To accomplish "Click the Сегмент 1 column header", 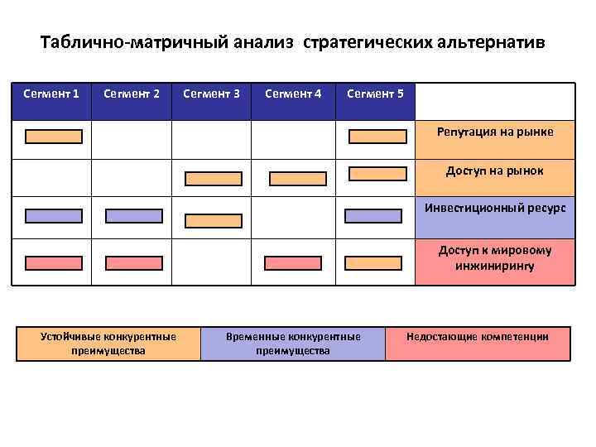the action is pyautogui.click(x=51, y=94).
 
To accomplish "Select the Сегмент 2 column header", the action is pyautogui.click(x=132, y=94).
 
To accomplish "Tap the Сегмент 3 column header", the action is pyautogui.click(x=211, y=94).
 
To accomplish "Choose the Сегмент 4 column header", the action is pyautogui.click(x=293, y=94).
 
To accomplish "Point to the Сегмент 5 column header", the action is pyautogui.click(x=375, y=94).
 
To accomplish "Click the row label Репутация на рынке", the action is pyautogui.click(x=495, y=132).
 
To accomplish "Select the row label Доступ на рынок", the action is pyautogui.click(x=495, y=171).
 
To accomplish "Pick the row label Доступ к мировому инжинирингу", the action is pyautogui.click(x=495, y=257).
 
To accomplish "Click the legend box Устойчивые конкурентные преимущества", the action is pyautogui.click(x=108, y=344).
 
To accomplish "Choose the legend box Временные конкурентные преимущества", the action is pyautogui.click(x=293, y=344).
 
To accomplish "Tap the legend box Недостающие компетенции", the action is pyautogui.click(x=477, y=337).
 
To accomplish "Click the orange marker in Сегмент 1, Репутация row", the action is pyautogui.click(x=54, y=137).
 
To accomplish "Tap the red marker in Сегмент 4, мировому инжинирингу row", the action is pyautogui.click(x=292, y=263).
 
